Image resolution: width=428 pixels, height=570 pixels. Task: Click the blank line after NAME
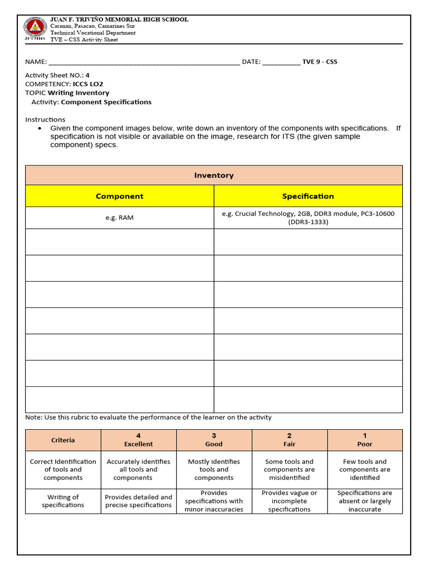(144, 62)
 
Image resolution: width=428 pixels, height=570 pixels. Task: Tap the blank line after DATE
(281, 62)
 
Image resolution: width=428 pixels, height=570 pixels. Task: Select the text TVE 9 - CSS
(320, 62)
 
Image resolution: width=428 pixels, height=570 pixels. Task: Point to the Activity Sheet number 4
(87, 75)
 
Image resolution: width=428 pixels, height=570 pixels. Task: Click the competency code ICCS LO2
(88, 84)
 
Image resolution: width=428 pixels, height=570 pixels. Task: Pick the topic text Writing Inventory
(79, 93)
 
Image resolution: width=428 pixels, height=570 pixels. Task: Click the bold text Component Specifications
(106, 102)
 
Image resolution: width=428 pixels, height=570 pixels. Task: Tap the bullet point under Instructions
(40, 129)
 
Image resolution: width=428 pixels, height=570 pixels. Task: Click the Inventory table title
(214, 175)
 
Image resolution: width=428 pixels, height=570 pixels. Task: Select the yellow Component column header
(119, 196)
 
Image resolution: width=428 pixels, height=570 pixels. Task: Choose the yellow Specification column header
(308, 196)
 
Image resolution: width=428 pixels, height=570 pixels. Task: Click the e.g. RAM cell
(119, 218)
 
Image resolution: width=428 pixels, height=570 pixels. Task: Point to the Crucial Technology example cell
(308, 218)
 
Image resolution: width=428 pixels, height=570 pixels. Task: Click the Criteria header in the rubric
(63, 440)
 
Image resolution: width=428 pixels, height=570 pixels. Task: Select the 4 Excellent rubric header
(138, 440)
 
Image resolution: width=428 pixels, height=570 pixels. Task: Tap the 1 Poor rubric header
(365, 440)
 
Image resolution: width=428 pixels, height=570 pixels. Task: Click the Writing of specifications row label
(63, 501)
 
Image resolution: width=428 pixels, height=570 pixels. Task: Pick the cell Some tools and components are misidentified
(289, 470)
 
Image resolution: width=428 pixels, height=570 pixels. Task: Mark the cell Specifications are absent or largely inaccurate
(365, 501)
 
